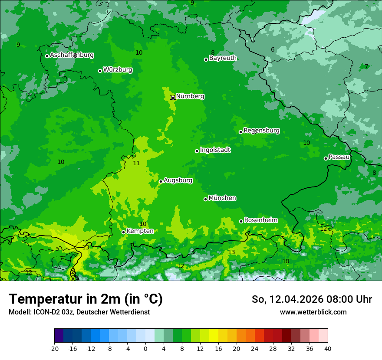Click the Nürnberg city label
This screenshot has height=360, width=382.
point(190,96)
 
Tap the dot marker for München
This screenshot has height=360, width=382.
point(205,199)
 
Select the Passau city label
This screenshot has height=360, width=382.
point(339,157)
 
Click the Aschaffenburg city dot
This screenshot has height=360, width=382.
point(47,56)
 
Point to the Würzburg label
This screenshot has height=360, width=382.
point(118,70)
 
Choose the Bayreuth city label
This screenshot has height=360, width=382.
point(223,58)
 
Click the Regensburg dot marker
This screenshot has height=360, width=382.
point(240,132)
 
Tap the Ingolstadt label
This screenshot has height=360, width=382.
point(215,150)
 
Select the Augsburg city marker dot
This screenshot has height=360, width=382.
point(161,181)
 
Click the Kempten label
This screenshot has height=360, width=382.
point(140,231)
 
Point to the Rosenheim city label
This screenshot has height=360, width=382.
point(260,220)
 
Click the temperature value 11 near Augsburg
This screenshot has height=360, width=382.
point(136,163)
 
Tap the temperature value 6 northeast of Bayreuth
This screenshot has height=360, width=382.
point(273,49)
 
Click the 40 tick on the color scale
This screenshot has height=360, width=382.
point(327,349)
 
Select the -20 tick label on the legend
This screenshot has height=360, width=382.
point(54,349)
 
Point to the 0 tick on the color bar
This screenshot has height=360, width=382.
point(145,349)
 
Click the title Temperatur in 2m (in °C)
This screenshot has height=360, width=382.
point(86,299)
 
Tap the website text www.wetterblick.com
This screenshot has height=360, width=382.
point(313,312)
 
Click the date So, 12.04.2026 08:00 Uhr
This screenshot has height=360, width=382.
point(312,299)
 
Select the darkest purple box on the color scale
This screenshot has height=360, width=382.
point(59,336)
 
